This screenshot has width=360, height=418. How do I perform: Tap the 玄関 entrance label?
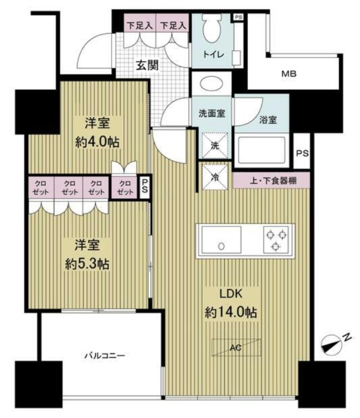pos(148,65)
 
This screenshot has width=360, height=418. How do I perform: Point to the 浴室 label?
pos(268,119)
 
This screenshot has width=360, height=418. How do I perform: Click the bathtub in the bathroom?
pos(264,150)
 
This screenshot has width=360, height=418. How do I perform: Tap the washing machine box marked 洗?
pos(214,144)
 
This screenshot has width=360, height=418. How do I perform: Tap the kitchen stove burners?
pos(275,239)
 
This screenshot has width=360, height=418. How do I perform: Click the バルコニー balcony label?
pos(104,356)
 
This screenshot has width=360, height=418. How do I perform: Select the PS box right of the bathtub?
pos(301,153)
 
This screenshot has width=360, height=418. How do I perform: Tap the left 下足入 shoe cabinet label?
pos(138,25)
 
